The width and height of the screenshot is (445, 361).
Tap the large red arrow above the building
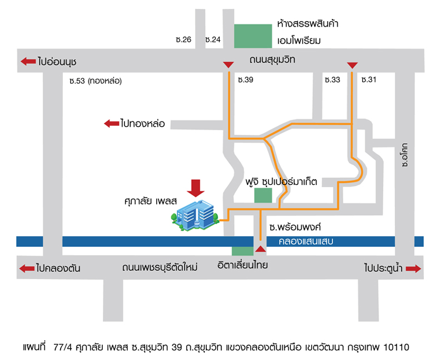(x=195, y=188)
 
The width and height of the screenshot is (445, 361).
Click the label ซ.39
(x=245, y=80)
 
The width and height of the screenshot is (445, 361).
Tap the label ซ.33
(x=332, y=80)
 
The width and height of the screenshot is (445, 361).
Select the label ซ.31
(x=369, y=80)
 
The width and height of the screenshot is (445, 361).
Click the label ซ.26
(x=184, y=40)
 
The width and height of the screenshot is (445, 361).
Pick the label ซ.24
(x=212, y=40)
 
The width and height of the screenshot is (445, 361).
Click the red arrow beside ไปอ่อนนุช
(x=28, y=61)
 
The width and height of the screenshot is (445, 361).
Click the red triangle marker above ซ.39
(x=228, y=65)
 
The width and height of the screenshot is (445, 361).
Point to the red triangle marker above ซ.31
(x=352, y=65)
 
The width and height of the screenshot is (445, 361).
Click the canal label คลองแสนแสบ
(x=301, y=241)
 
